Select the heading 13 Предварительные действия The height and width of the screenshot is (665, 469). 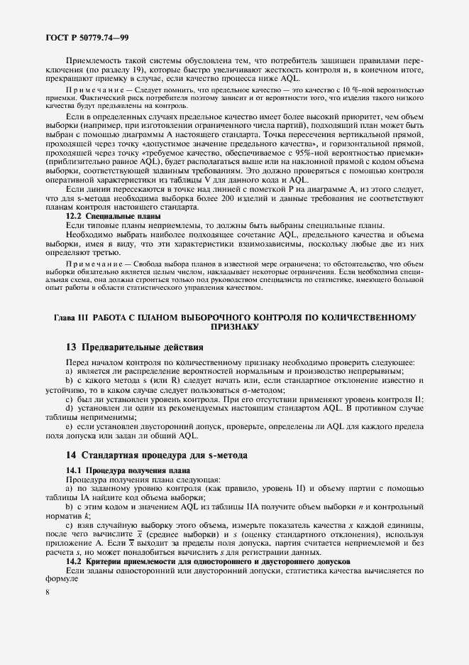pos(134,347)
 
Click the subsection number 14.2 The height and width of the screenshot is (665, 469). pos(76,562)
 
